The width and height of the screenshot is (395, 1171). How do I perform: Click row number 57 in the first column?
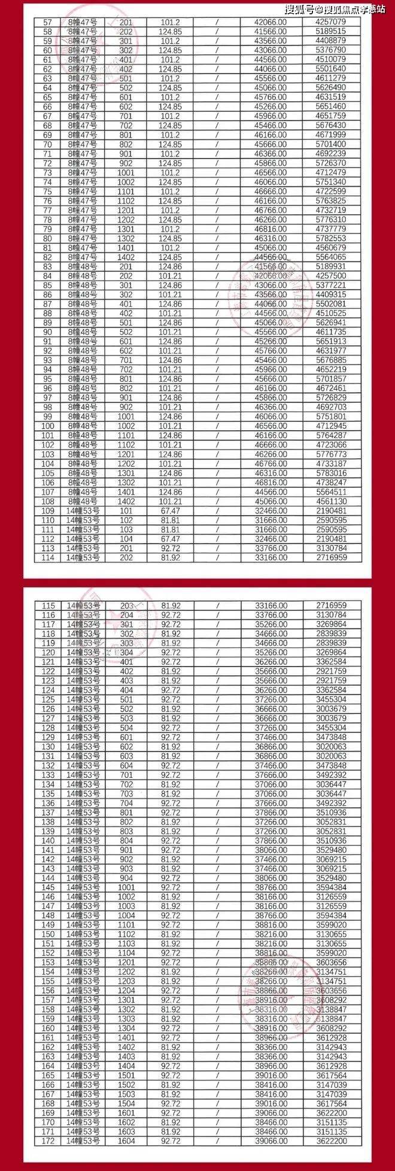coord(48,22)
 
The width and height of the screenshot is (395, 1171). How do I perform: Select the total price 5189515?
coord(330,32)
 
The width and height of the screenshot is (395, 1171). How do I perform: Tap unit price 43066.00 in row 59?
coord(271,41)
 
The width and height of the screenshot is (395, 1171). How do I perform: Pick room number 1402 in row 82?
coord(126,257)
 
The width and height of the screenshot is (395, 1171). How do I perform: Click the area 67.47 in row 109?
coord(171,511)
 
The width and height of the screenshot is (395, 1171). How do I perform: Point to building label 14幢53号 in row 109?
coord(83,511)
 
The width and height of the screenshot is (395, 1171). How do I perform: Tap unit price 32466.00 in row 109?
coord(271,511)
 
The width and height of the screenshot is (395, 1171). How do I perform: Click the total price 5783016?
coord(330,473)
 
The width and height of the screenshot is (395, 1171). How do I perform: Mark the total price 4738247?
coord(330,483)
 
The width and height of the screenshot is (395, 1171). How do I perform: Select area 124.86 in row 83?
coord(171,266)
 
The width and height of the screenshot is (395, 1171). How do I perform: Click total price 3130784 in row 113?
coord(330,549)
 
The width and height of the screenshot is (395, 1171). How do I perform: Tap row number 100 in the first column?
coord(48,426)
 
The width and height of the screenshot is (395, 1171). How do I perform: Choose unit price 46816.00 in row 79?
coord(271,229)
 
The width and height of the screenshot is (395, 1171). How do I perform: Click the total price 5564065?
coord(330,257)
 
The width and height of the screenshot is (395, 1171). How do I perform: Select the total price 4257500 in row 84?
coord(330,276)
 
